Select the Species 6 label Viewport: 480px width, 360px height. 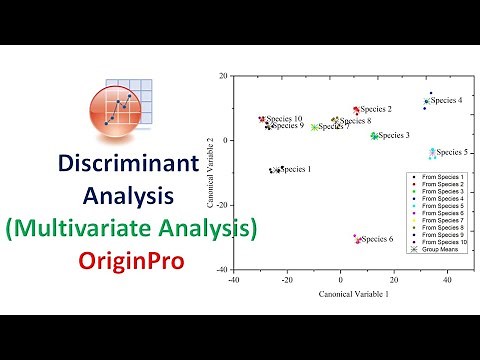point(377,239)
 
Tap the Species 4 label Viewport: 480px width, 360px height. point(446,100)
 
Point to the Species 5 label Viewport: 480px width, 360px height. point(452,152)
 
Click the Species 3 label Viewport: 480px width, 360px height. point(394,134)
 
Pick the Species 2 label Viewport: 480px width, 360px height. point(376,109)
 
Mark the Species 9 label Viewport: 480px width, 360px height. point(288,126)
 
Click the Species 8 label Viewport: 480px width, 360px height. point(356,121)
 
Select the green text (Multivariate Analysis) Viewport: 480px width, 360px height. point(131,229)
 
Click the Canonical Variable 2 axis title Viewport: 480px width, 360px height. point(212,172)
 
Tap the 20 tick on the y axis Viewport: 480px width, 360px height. point(226,76)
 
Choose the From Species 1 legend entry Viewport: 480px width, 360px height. point(438,177)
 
